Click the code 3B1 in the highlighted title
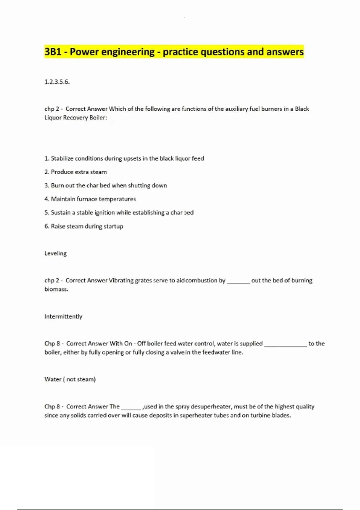coord(53,52)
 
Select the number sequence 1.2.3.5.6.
coord(57,82)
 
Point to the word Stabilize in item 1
coord(62,158)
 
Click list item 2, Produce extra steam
coord(76,172)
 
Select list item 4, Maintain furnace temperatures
coord(90,199)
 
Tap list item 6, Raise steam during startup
coord(84,226)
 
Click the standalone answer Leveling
coord(55,253)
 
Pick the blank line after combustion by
coord(238,282)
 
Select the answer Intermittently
coord(63,316)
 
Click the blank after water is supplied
coord(285,345)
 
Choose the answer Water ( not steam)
coord(70,379)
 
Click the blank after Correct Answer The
coord(131,408)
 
